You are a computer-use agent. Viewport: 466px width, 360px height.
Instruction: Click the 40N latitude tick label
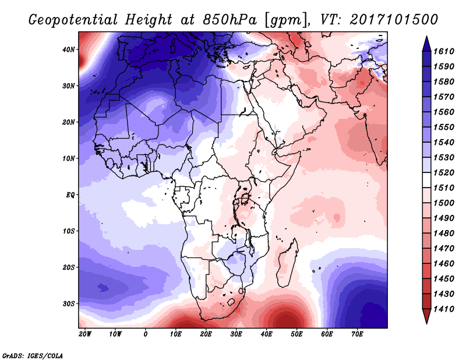click(69, 50)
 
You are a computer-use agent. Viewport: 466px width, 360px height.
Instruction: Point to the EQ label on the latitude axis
click(70, 195)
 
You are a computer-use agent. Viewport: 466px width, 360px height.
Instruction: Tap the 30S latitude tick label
click(69, 304)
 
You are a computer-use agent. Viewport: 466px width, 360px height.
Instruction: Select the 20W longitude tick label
click(85, 334)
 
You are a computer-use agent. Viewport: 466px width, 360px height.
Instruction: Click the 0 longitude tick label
click(145, 334)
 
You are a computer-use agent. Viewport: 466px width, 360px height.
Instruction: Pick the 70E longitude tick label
click(357, 334)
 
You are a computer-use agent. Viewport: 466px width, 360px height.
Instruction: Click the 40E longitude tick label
click(267, 334)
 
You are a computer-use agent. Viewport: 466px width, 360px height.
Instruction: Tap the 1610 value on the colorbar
click(444, 51)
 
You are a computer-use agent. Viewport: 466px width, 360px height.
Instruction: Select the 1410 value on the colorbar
click(444, 309)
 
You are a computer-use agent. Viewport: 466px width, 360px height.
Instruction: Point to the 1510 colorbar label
click(444, 188)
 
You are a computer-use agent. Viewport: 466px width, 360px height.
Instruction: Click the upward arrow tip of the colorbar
click(426, 36)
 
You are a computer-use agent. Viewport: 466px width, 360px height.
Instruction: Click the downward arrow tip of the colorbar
click(426, 323)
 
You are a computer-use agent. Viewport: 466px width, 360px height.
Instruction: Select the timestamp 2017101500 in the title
click(394, 20)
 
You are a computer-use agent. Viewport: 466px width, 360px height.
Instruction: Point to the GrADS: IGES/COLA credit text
click(33, 356)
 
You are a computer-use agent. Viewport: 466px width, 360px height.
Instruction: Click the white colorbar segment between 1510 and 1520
click(426, 180)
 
